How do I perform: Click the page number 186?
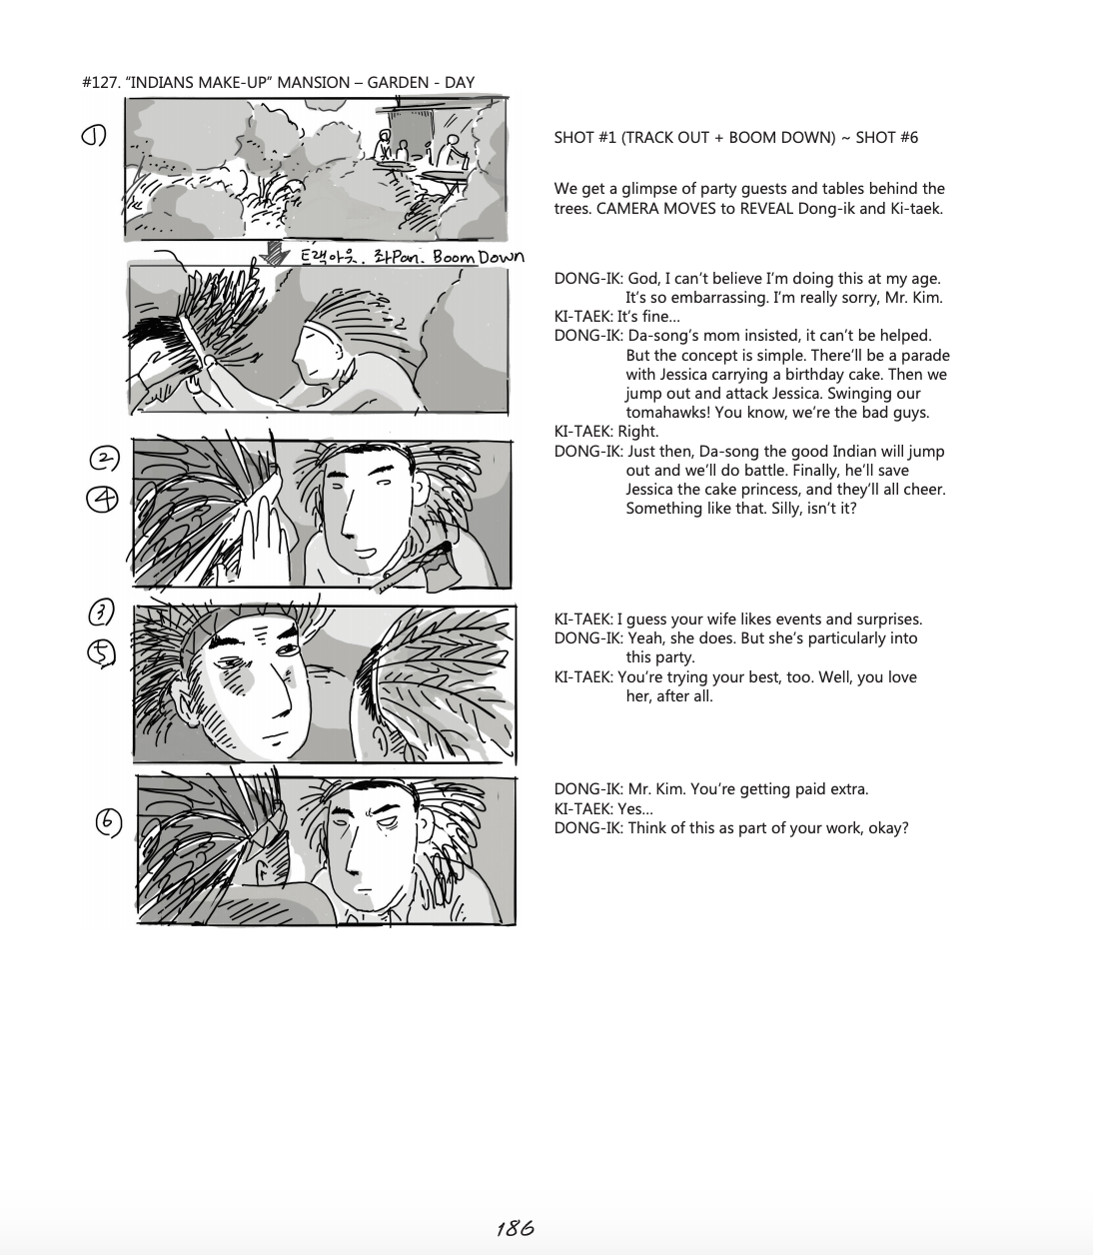[515, 1228]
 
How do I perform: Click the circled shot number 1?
[94, 137]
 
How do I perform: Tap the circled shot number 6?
[108, 821]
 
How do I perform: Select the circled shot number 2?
[105, 459]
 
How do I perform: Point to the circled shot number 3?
[104, 612]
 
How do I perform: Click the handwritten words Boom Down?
[478, 257]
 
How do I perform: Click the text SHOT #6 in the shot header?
[886, 138]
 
